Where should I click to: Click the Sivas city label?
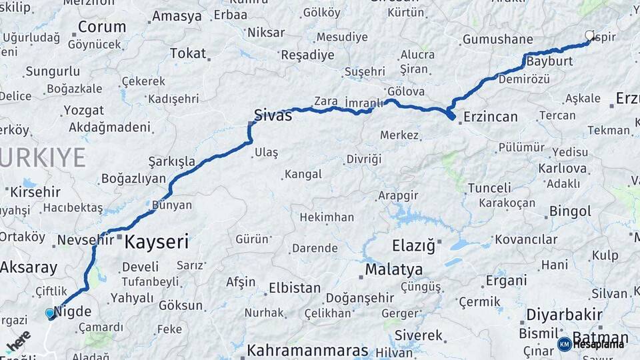pyautogui.click(x=273, y=115)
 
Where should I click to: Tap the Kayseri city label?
pyautogui.click(x=157, y=241)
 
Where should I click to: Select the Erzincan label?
pyautogui.click(x=490, y=117)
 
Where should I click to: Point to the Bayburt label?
pyautogui.click(x=549, y=61)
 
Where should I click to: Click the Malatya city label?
pyautogui.click(x=394, y=270)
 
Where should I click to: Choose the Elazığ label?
pyautogui.click(x=413, y=246)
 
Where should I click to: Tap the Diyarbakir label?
pyautogui.click(x=564, y=315)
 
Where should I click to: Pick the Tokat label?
pyautogui.click(x=188, y=53)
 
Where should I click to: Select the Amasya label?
pyautogui.click(x=177, y=16)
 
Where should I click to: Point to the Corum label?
pyautogui.click(x=102, y=27)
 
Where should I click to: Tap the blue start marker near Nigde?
pyautogui.click(x=50, y=313)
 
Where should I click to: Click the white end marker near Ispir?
pyautogui.click(x=589, y=35)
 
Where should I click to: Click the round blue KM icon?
pyautogui.click(x=564, y=344)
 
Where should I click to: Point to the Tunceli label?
pyautogui.click(x=489, y=188)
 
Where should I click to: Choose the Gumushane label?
pyautogui.click(x=498, y=40)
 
